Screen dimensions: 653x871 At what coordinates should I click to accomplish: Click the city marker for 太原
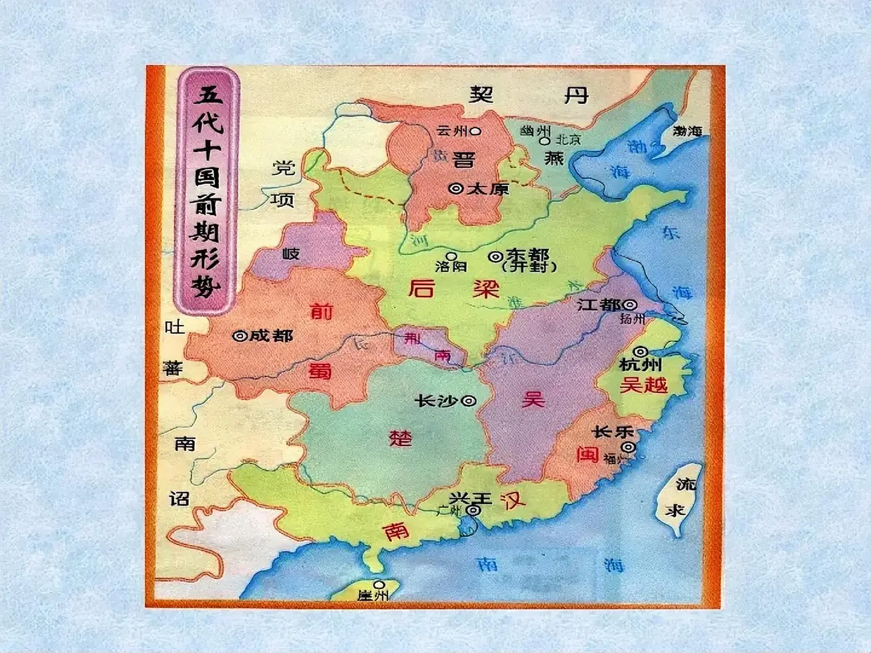(x=456, y=189)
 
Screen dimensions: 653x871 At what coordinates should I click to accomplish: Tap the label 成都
(x=270, y=336)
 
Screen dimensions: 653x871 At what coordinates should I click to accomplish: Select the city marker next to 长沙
(x=468, y=401)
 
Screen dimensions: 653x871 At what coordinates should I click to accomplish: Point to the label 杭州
(x=640, y=365)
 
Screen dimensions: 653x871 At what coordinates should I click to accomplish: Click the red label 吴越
(x=643, y=385)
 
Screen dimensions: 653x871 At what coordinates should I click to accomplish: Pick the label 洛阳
(x=451, y=266)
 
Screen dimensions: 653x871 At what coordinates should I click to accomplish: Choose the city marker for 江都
(x=630, y=305)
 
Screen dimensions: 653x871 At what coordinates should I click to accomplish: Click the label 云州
(x=452, y=131)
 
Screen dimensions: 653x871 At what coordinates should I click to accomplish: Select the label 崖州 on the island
(x=373, y=595)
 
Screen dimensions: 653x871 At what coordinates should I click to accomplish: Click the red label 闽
(x=588, y=454)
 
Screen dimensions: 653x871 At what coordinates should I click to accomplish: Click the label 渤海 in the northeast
(x=687, y=131)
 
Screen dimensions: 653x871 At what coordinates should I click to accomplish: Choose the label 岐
(x=291, y=254)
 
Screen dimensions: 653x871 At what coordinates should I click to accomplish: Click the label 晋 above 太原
(x=463, y=160)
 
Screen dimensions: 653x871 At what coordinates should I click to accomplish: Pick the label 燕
(x=553, y=158)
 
